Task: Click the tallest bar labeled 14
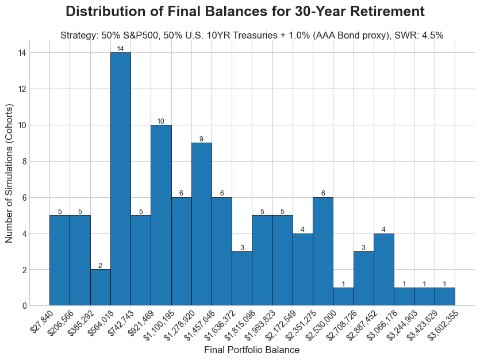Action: click(x=120, y=179)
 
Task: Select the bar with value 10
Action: click(x=161, y=215)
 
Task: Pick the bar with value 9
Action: click(x=201, y=224)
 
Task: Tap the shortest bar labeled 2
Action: click(x=100, y=288)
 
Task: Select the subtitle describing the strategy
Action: click(x=251, y=35)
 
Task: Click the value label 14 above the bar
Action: click(x=120, y=49)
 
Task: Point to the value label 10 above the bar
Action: click(x=161, y=121)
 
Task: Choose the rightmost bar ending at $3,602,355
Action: click(x=444, y=297)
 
